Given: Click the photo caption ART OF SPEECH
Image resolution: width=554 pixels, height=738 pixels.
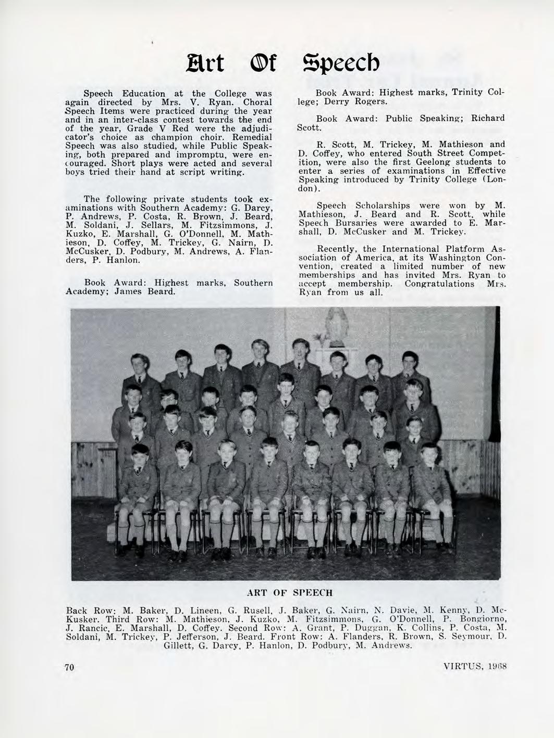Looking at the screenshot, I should [289, 592].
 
